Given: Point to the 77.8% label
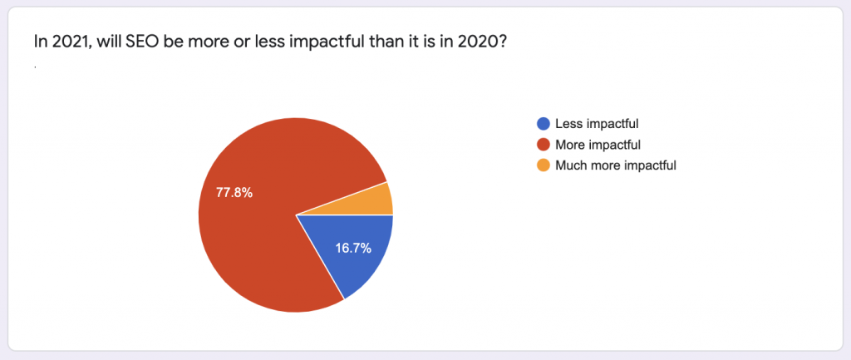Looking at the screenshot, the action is click(x=234, y=193).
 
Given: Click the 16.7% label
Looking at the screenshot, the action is click(x=352, y=249).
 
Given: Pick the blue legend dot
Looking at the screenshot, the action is click(x=543, y=124).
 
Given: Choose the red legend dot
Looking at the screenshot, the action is click(x=543, y=145).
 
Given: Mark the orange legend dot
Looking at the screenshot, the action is click(x=543, y=165).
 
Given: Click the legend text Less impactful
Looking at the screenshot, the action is click(x=597, y=124).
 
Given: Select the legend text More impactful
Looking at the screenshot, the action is click(x=598, y=145).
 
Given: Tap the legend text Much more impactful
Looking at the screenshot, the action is click(x=616, y=165).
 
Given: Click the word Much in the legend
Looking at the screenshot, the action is click(x=568, y=165).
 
